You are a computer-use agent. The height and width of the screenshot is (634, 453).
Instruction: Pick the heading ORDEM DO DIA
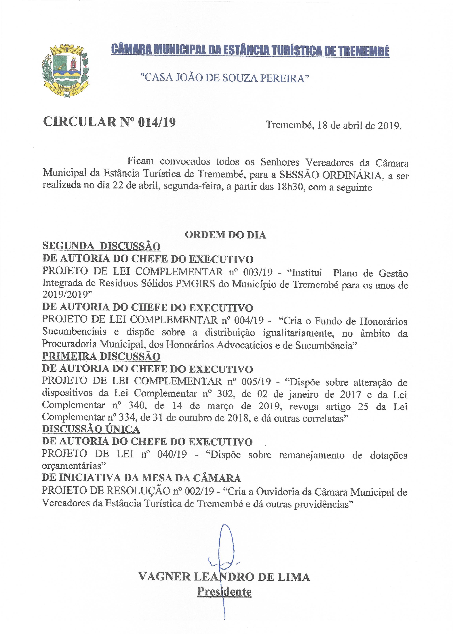click(225, 235)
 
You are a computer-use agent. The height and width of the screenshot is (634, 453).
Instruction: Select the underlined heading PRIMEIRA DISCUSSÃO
click(101, 357)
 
